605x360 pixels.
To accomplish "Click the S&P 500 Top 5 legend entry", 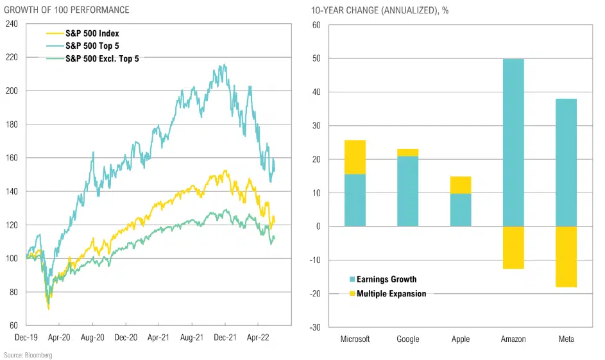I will click(x=101, y=46).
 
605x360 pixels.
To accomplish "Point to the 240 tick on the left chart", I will click(x=12, y=24).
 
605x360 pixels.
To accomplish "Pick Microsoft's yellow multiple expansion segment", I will click(x=355, y=157).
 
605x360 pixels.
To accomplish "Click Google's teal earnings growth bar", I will click(x=408, y=191).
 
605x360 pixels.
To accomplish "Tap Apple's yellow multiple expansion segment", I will click(x=461, y=185).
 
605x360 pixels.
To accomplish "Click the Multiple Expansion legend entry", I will click(x=391, y=293).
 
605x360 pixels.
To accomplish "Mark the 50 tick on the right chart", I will click(x=316, y=58).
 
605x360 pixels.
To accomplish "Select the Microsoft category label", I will click(x=355, y=339).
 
